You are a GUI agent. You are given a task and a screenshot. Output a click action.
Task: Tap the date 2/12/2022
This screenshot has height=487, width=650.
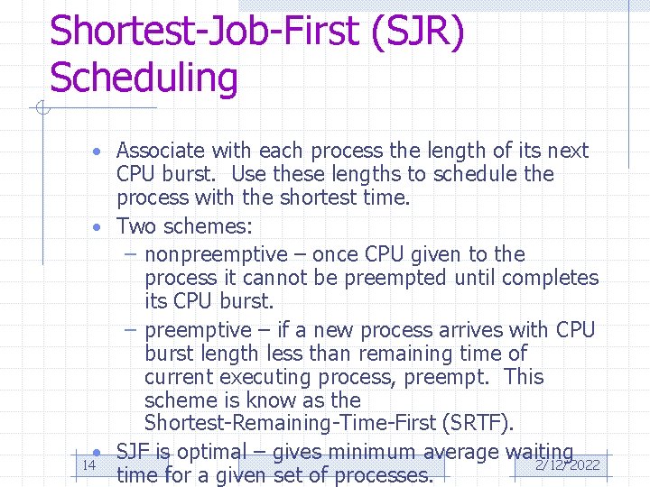click(x=568, y=465)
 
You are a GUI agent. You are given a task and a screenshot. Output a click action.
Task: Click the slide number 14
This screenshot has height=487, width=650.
click(x=88, y=465)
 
